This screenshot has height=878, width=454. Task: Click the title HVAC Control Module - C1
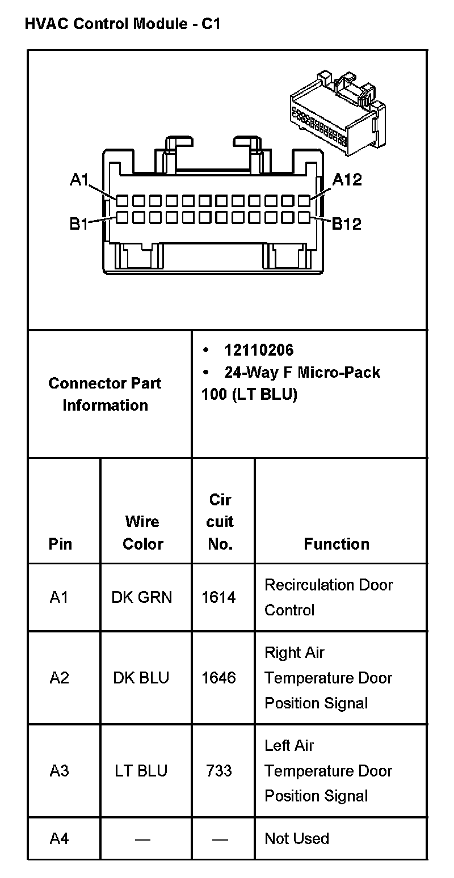pos(122,24)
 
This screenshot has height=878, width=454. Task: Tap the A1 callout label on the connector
pos(79,180)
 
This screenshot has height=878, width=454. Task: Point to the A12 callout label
pos(347,180)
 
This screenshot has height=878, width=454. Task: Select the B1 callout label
pos(79,224)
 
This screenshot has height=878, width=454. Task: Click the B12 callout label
pos(346,224)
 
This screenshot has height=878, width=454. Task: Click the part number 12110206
pos(259,350)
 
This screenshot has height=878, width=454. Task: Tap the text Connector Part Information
pos(105,394)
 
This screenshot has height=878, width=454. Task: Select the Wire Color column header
pos(142,533)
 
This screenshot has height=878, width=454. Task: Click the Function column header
pos(337,544)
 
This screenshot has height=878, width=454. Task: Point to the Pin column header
pos(60,544)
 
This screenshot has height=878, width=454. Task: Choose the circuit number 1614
pos(219,597)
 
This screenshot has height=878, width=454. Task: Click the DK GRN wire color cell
pos(141,597)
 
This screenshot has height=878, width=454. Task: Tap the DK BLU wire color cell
pos(141,678)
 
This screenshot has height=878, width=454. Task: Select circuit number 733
pos(219,771)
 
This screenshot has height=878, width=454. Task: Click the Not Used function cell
pos(297,838)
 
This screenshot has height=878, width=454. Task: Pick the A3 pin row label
pos(59,771)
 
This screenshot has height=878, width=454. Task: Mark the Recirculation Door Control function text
pos(328,597)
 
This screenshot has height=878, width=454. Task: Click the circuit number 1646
pos(219,678)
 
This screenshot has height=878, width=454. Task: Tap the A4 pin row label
pos(59,838)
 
